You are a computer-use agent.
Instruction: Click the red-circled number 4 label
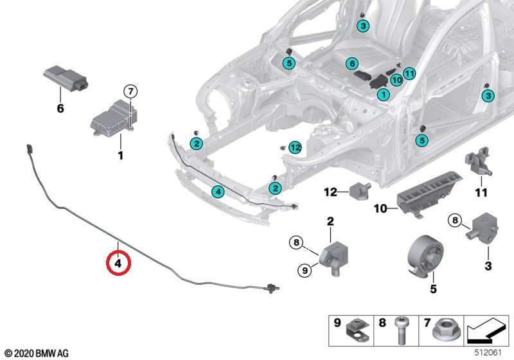tap(118, 263)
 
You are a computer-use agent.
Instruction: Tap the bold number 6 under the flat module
tap(60, 108)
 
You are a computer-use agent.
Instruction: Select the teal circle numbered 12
tap(296, 148)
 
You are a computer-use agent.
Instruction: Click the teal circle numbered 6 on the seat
tap(352, 63)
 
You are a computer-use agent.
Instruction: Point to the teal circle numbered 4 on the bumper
tap(218, 192)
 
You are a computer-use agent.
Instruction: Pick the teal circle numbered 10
tap(396, 80)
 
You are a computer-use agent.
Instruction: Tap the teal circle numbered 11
tap(409, 73)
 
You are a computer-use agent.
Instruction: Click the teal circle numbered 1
tap(383, 94)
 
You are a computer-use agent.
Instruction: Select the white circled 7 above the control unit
tap(130, 91)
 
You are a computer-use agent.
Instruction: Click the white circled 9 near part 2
tap(305, 271)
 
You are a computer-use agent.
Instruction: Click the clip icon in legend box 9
tap(358, 332)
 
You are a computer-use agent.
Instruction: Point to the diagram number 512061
tap(488, 353)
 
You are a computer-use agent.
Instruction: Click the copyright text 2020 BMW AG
tap(37, 354)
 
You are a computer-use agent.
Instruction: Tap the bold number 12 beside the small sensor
tap(330, 192)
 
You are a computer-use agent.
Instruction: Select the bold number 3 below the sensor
tap(488, 266)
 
